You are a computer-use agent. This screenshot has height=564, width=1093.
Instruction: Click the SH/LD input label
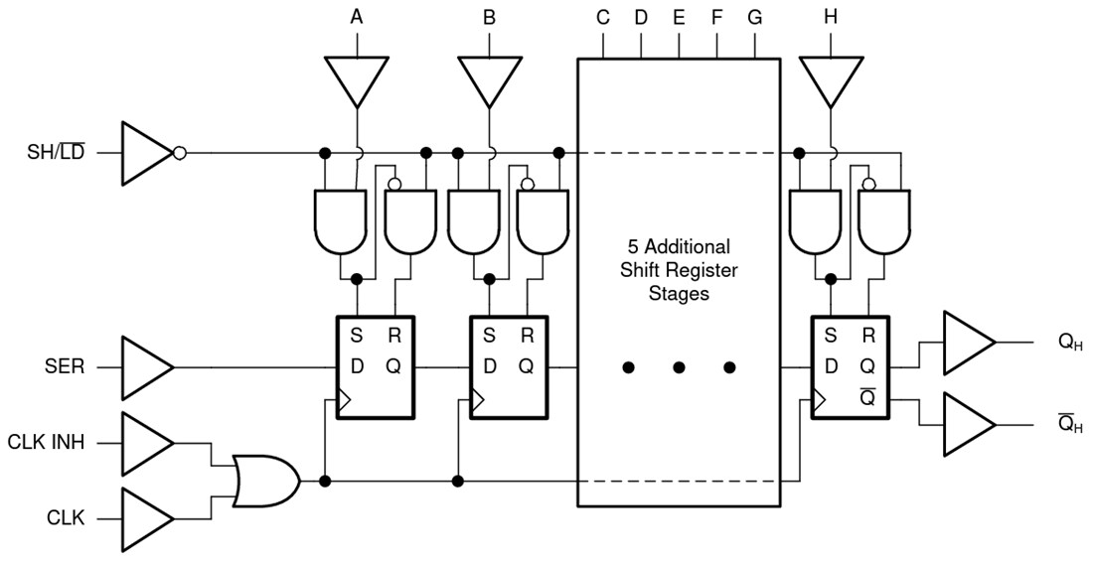[x=56, y=154]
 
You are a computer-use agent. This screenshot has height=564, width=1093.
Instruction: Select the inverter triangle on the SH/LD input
[x=147, y=154]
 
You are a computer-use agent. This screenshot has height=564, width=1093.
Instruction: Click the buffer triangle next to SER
[x=145, y=366]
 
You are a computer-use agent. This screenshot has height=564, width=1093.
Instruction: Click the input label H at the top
[x=830, y=17]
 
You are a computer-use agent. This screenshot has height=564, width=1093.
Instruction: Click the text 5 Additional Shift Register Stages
[x=679, y=269]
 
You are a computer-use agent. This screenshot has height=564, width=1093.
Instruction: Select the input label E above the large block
[x=679, y=17]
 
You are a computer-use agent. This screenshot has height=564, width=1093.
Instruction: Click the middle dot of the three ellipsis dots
[x=679, y=367]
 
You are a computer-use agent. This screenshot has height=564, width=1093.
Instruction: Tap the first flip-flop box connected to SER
[x=375, y=367]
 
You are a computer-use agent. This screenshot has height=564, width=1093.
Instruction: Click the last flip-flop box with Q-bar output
[x=851, y=367]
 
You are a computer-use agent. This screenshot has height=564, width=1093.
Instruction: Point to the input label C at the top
[x=603, y=17]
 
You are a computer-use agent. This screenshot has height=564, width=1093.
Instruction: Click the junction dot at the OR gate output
[x=324, y=481]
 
